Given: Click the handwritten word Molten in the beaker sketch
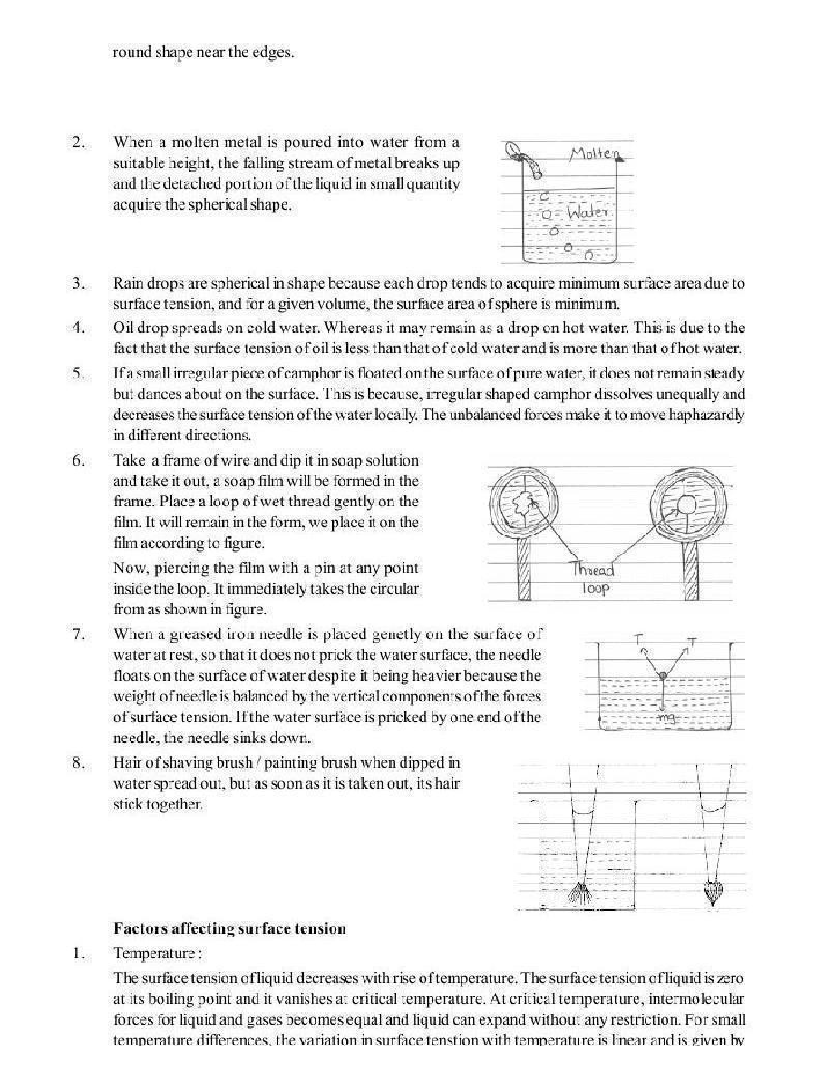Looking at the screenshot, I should tap(593, 154).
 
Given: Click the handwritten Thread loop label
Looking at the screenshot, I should tap(594, 579).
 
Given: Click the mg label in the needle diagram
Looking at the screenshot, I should tap(673, 718).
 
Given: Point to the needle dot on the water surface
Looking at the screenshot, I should tap(664, 676).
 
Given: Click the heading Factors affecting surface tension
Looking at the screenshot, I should tap(229, 928).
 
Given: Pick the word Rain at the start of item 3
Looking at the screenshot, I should tap(128, 283).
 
